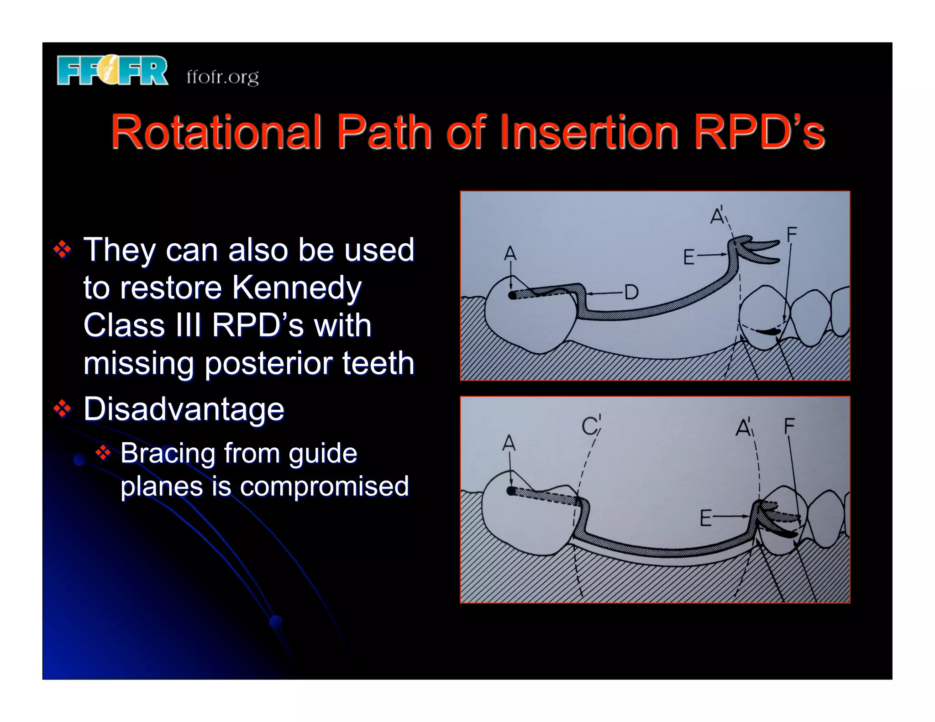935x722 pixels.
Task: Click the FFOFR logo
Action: pyautogui.click(x=112, y=70)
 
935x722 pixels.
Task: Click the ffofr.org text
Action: pyautogui.click(x=222, y=77)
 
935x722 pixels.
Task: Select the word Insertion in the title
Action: pyautogui.click(x=589, y=132)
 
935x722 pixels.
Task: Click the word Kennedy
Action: pyautogui.click(x=297, y=288)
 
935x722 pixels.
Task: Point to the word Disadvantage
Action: pyautogui.click(x=184, y=409)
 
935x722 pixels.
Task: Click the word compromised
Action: pyautogui.click(x=324, y=486)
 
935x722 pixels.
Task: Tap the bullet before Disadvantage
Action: pyautogui.click(x=63, y=409)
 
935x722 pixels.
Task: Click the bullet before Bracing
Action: pyautogui.click(x=103, y=453)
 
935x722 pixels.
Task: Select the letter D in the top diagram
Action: pyautogui.click(x=631, y=292)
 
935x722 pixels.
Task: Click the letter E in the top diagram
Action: pyautogui.click(x=688, y=257)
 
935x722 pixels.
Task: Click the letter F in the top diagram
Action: pyautogui.click(x=792, y=235)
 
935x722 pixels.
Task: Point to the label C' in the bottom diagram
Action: pyautogui.click(x=591, y=425)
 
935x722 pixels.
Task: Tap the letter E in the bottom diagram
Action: pyautogui.click(x=705, y=519)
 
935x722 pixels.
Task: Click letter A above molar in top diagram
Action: pyautogui.click(x=510, y=254)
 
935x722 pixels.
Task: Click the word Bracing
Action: pyautogui.click(x=168, y=453)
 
